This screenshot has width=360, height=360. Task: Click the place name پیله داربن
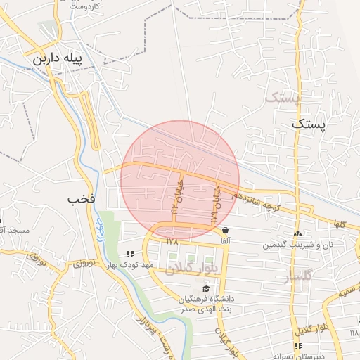pos(63,58)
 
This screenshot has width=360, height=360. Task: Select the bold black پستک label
pos(309,124)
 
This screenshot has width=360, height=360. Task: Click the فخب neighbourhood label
pos(81,199)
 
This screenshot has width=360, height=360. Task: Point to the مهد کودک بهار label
pos(129,265)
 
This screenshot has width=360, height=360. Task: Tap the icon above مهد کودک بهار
pos(129,254)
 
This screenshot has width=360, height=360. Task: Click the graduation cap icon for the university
pos(206,288)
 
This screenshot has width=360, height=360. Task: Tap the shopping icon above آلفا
pos(225,230)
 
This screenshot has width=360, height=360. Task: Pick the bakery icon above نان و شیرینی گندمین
pos(298,233)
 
